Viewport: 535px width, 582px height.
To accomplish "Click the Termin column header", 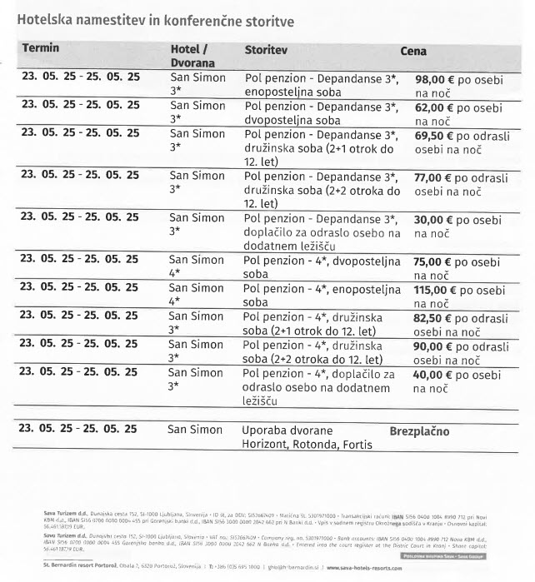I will point(41,47).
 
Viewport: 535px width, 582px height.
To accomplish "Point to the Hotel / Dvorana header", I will point(192,55).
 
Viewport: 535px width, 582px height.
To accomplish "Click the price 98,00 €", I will point(436,79).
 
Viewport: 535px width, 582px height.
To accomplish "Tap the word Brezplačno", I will point(419,431).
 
